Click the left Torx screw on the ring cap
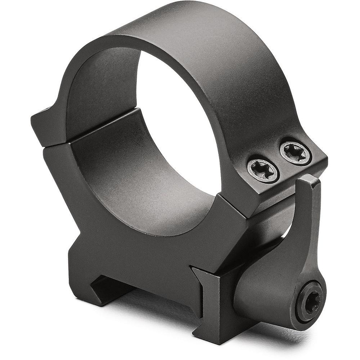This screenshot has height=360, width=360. click(263, 168)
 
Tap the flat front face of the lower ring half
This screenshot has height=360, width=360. click(144, 248)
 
